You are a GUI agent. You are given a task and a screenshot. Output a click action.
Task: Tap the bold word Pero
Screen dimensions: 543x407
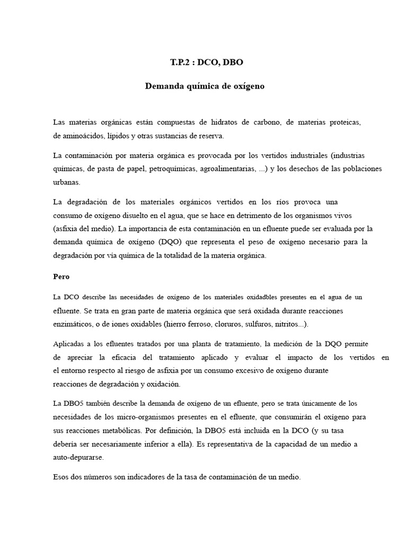click(61, 277)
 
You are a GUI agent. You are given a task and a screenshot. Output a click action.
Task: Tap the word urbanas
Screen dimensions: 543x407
click(66, 182)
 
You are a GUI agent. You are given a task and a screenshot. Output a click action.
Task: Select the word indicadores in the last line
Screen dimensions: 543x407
click(148, 477)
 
